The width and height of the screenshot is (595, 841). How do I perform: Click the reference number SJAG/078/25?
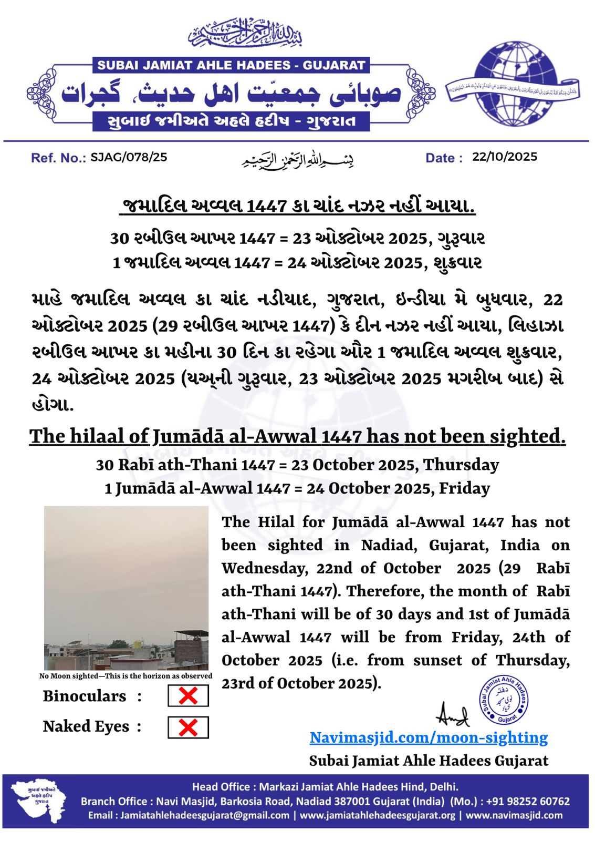129,157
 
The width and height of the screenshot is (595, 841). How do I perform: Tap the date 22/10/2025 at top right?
504,157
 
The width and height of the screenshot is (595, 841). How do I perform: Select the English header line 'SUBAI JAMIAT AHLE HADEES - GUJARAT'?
231,66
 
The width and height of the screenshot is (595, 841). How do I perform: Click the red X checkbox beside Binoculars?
188,696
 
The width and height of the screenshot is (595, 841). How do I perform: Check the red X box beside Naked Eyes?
188,727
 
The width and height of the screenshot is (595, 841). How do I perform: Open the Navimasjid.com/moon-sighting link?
429,737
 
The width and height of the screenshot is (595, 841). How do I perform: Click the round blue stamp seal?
503,700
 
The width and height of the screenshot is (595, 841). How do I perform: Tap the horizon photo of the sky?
126,587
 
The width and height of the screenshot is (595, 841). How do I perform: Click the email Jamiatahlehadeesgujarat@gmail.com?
205,815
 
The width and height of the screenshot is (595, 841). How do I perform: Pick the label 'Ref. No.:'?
58,158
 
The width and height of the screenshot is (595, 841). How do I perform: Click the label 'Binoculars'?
85,696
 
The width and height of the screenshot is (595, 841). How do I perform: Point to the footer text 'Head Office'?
220,787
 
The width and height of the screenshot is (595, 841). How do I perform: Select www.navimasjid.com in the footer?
514,815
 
